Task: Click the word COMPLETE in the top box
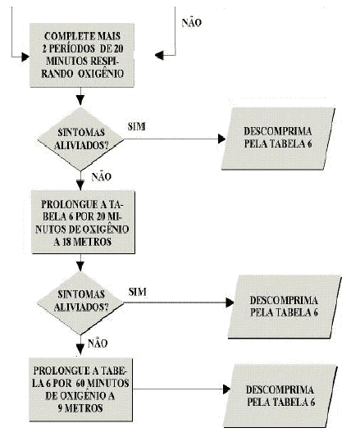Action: (66, 36)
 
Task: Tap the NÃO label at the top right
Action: (192, 22)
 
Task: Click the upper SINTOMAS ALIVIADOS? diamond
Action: (80, 139)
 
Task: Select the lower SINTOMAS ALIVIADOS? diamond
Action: (80, 303)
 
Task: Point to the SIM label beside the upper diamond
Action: (137, 126)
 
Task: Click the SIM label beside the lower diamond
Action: (138, 292)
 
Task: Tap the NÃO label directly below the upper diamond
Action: (101, 177)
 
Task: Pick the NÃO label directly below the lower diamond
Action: (98, 344)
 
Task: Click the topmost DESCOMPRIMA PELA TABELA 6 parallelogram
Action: (278, 139)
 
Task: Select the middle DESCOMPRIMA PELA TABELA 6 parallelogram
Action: (285, 307)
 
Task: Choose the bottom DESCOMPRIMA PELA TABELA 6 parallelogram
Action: (280, 396)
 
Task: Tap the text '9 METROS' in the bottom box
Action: (80, 408)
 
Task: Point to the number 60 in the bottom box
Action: (80, 383)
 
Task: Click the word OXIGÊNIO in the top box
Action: (101, 74)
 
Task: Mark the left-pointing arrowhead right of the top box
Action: (159, 55)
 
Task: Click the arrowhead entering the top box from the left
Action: (25, 57)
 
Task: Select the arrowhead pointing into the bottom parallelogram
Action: (226, 389)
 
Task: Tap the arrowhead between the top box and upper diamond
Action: (80, 100)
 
